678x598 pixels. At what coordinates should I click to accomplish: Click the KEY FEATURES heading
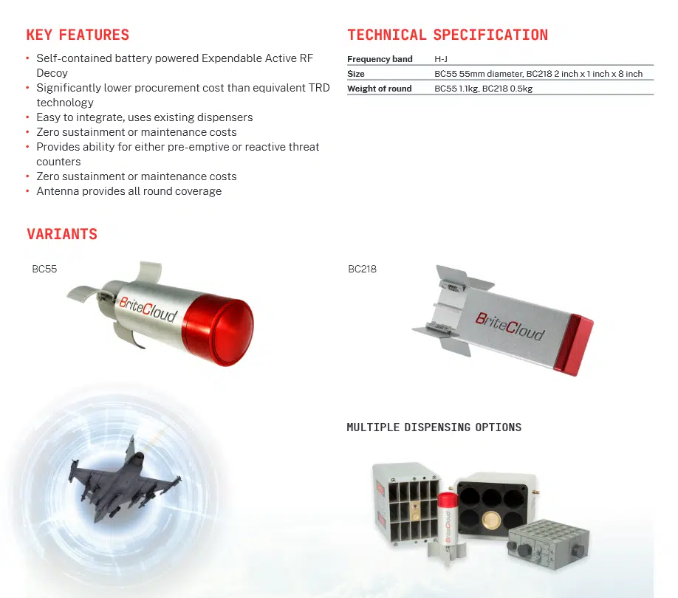78,35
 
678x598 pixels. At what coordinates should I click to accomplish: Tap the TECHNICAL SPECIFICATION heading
448,35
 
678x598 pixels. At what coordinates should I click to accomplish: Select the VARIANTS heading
62,234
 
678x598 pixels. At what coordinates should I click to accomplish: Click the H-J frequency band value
441,59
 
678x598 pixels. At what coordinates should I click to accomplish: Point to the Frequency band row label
380,59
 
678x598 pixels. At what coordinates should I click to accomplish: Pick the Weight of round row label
379,89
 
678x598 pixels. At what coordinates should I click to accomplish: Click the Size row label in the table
356,74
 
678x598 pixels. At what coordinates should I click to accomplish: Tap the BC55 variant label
44,269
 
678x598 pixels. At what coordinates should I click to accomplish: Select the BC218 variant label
363,269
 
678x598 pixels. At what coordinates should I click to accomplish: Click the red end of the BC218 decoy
574,345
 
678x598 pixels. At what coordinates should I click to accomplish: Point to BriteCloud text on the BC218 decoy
510,326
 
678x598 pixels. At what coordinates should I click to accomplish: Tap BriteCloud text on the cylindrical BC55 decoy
148,309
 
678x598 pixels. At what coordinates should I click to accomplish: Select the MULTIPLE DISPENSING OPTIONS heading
434,427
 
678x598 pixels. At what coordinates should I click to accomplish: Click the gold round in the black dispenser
490,520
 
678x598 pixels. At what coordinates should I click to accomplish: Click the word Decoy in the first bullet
52,73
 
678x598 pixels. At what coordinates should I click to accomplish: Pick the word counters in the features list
58,162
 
